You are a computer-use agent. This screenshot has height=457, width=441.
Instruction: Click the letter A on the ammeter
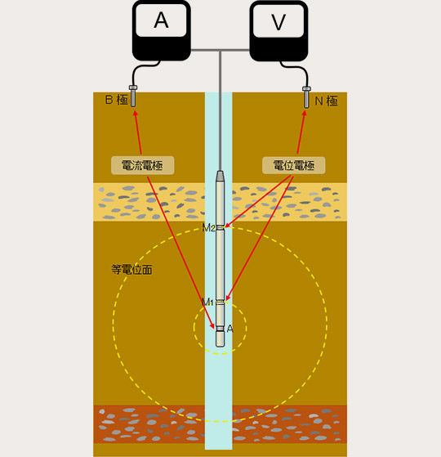(161, 20)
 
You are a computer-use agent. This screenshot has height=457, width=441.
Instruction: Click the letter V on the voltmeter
(278, 22)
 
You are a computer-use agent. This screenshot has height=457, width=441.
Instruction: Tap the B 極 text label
(117, 100)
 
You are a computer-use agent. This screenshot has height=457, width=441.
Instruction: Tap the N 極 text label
(327, 101)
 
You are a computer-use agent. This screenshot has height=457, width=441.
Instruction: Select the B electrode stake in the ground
(133, 96)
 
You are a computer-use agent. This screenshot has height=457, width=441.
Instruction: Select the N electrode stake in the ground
(306, 97)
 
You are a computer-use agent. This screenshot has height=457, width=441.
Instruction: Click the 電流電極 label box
(143, 165)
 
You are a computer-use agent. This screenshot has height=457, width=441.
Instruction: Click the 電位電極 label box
(294, 165)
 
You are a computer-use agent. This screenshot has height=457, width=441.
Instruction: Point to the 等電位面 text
(131, 270)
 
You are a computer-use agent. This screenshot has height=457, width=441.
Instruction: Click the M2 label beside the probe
(209, 227)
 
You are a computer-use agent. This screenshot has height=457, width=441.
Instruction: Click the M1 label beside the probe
(207, 302)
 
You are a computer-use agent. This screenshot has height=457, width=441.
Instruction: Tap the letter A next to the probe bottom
(230, 329)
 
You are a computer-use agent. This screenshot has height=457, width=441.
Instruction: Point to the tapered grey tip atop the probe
(220, 176)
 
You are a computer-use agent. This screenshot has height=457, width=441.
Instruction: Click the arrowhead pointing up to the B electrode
(135, 114)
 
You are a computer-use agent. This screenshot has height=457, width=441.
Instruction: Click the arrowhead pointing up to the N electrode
(304, 114)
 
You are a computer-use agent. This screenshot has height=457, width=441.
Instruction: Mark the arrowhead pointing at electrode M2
(228, 225)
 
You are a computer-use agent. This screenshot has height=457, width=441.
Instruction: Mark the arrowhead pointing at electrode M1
(227, 298)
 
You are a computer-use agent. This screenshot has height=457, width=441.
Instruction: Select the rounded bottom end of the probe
(220, 339)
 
